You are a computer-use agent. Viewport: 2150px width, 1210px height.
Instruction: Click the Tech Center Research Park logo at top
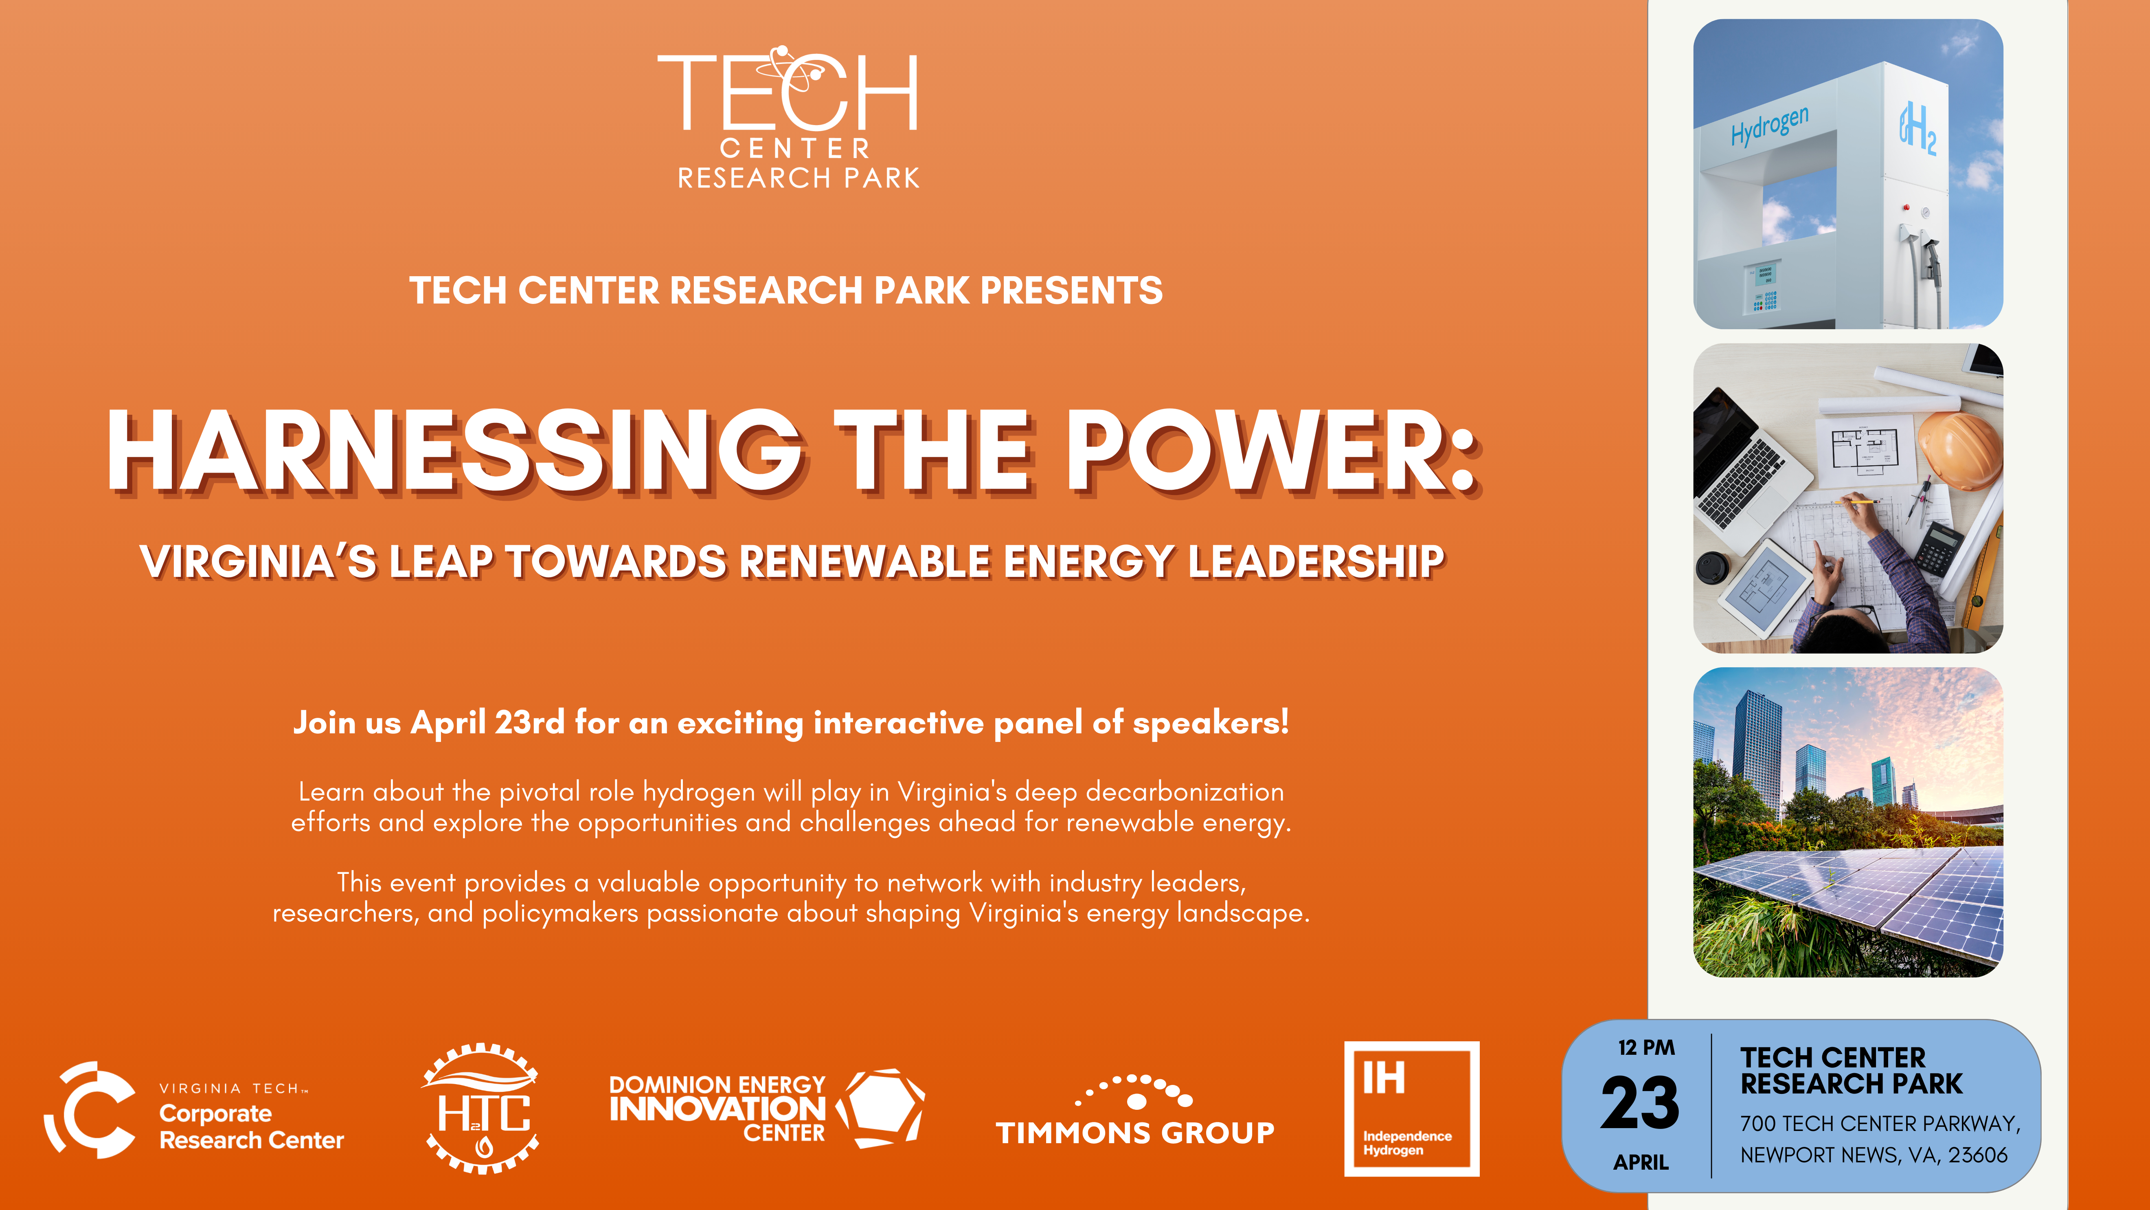click(x=789, y=117)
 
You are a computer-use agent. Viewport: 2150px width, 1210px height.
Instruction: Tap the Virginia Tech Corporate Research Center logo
click(x=194, y=1111)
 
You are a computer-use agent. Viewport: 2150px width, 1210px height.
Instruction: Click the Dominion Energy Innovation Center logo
click(x=766, y=1108)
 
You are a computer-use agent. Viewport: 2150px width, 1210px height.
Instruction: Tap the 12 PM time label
click(x=1646, y=1047)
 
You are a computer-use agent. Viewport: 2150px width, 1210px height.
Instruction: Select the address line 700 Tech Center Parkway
click(x=1880, y=1123)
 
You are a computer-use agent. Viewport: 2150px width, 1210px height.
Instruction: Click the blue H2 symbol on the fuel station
click(x=1917, y=130)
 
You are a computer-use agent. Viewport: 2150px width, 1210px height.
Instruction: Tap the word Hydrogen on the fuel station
click(x=1769, y=125)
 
